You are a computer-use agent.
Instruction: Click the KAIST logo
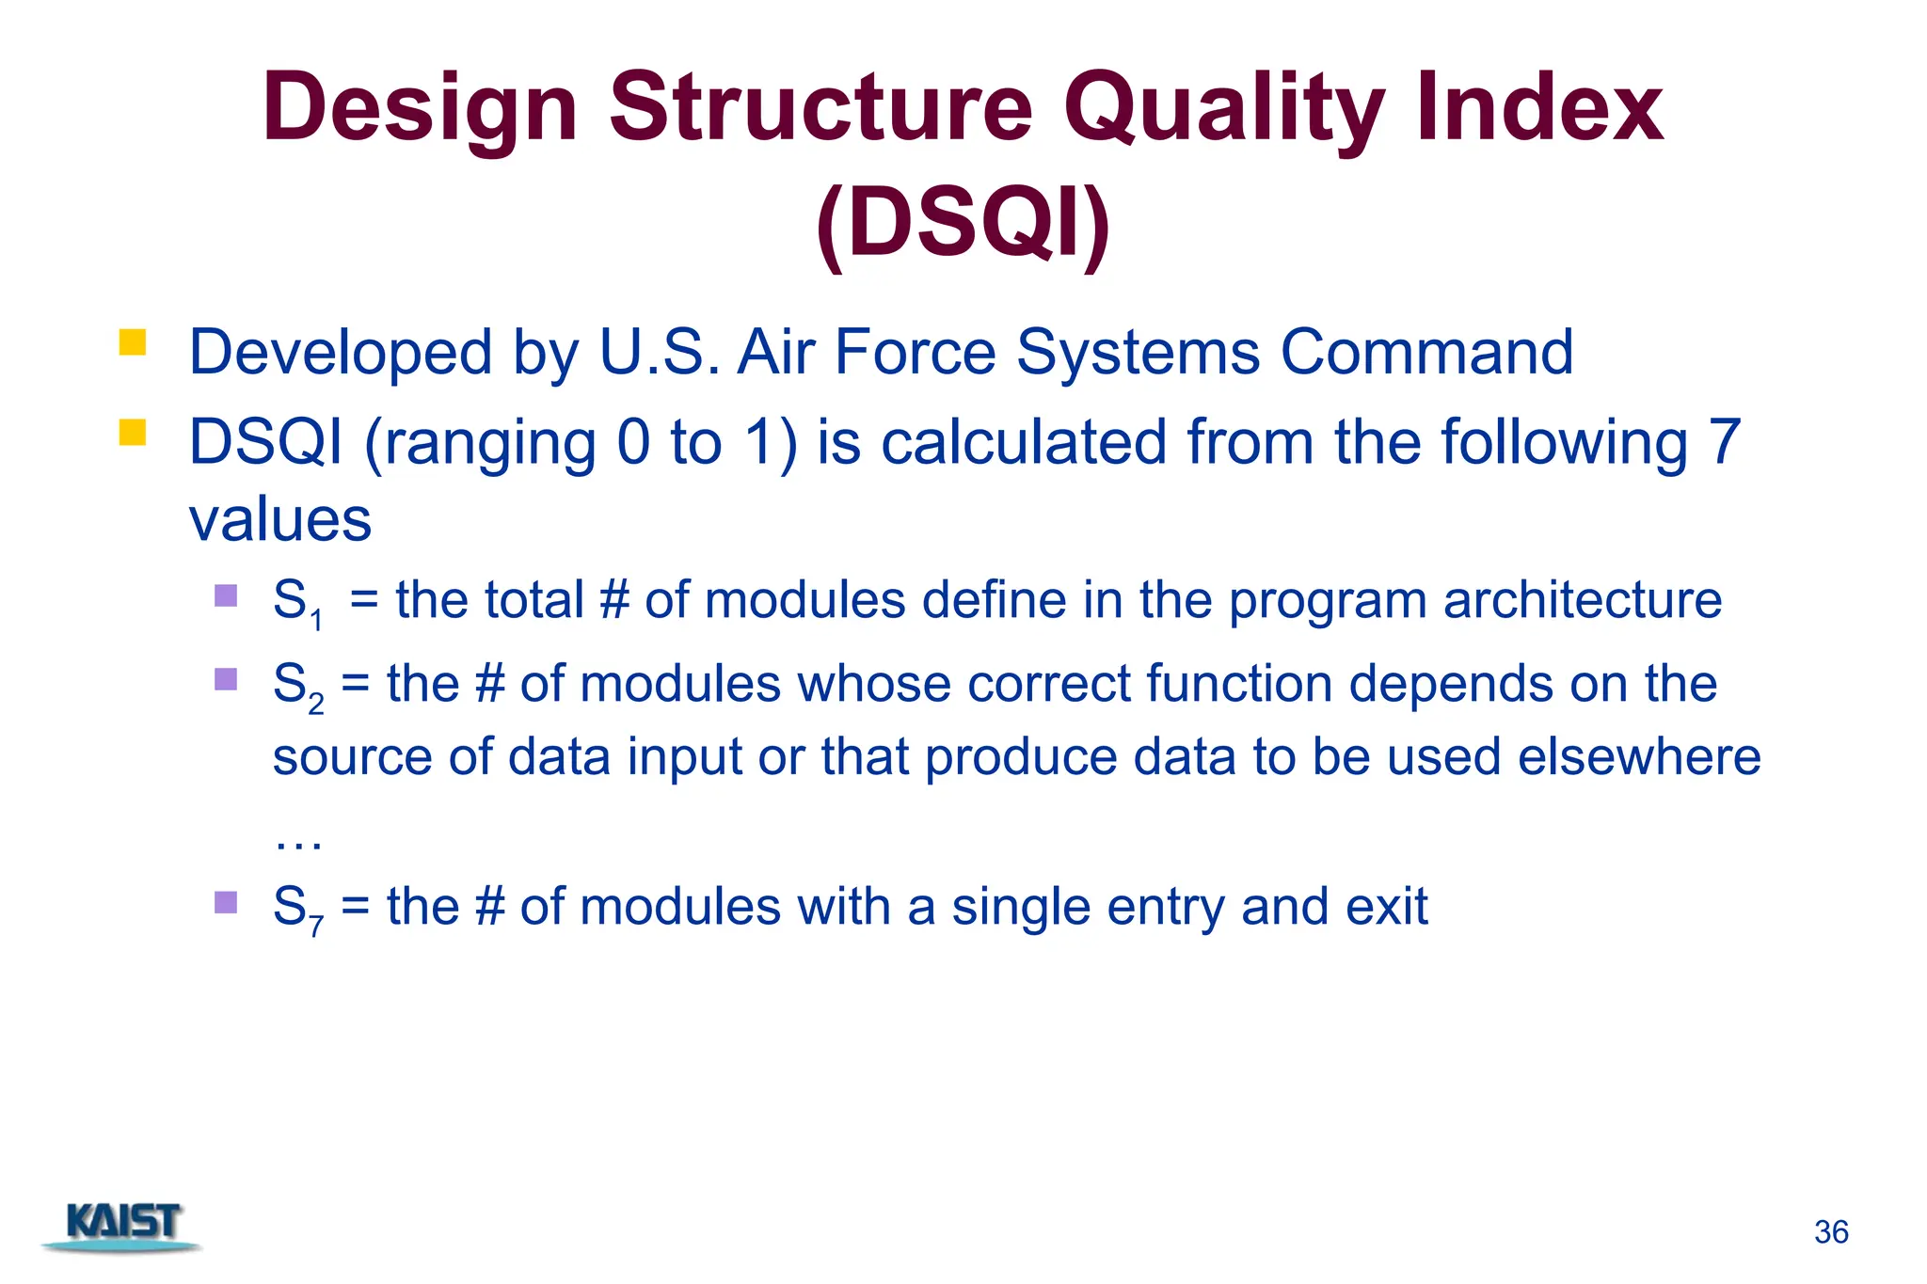pos(123,1225)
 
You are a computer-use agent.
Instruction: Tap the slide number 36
pos(1831,1232)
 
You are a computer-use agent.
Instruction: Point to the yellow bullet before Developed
pos(133,342)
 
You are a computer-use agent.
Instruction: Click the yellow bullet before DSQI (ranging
pos(133,432)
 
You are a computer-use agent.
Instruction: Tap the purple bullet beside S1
pos(226,595)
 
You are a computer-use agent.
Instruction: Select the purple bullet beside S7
pos(226,902)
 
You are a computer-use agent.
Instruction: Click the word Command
pos(1426,353)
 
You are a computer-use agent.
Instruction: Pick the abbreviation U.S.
pos(659,353)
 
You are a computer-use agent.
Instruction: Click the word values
pos(280,519)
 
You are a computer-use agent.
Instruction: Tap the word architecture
pos(1582,600)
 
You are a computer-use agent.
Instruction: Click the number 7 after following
pos(1724,442)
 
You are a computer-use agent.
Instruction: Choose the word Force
pos(915,353)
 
